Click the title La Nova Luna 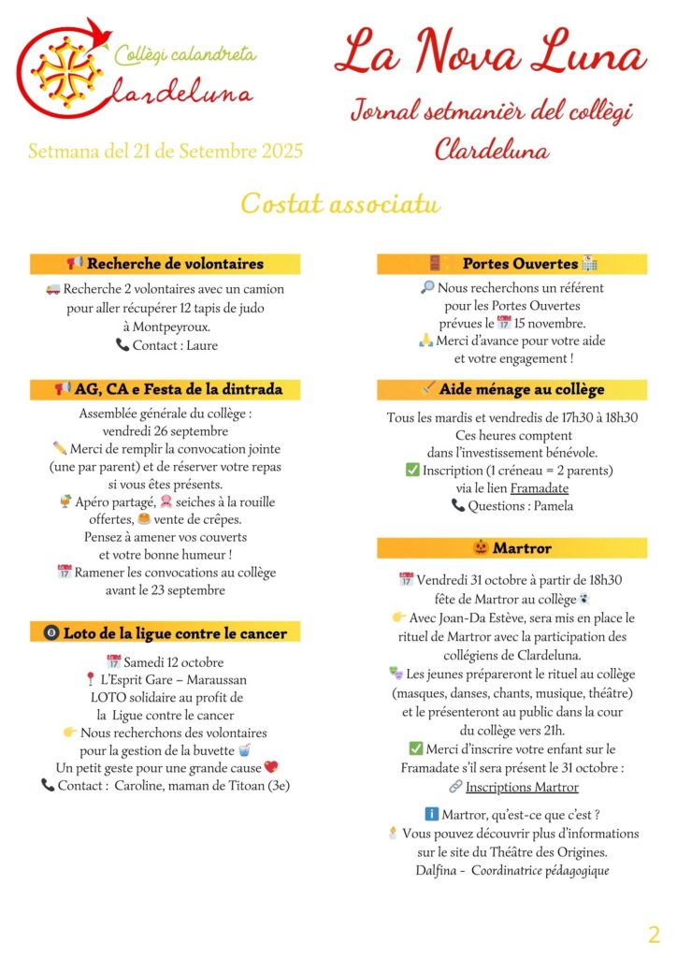point(490,53)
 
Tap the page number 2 point(654,934)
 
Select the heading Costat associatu point(340,202)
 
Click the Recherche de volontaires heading point(166,264)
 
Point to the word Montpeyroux point(166,327)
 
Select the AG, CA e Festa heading point(166,388)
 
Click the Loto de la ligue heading point(166,633)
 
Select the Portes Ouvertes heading point(512,264)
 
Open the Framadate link point(539,487)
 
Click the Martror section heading point(512,547)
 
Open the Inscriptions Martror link point(522,787)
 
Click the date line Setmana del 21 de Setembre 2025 point(166,151)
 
